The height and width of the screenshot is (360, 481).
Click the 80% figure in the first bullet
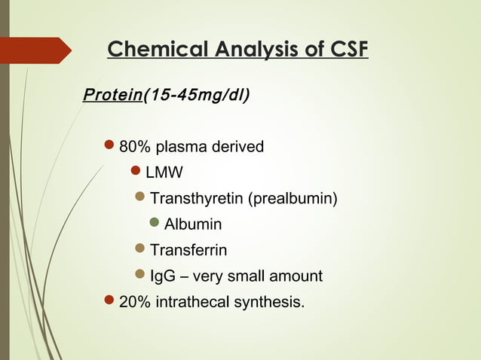(135, 146)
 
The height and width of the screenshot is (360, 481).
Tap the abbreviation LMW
(164, 172)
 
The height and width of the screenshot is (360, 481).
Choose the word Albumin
(193, 224)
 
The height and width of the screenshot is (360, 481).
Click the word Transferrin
(188, 250)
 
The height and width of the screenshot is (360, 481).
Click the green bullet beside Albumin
(155, 224)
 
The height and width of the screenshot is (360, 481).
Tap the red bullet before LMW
(136, 172)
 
